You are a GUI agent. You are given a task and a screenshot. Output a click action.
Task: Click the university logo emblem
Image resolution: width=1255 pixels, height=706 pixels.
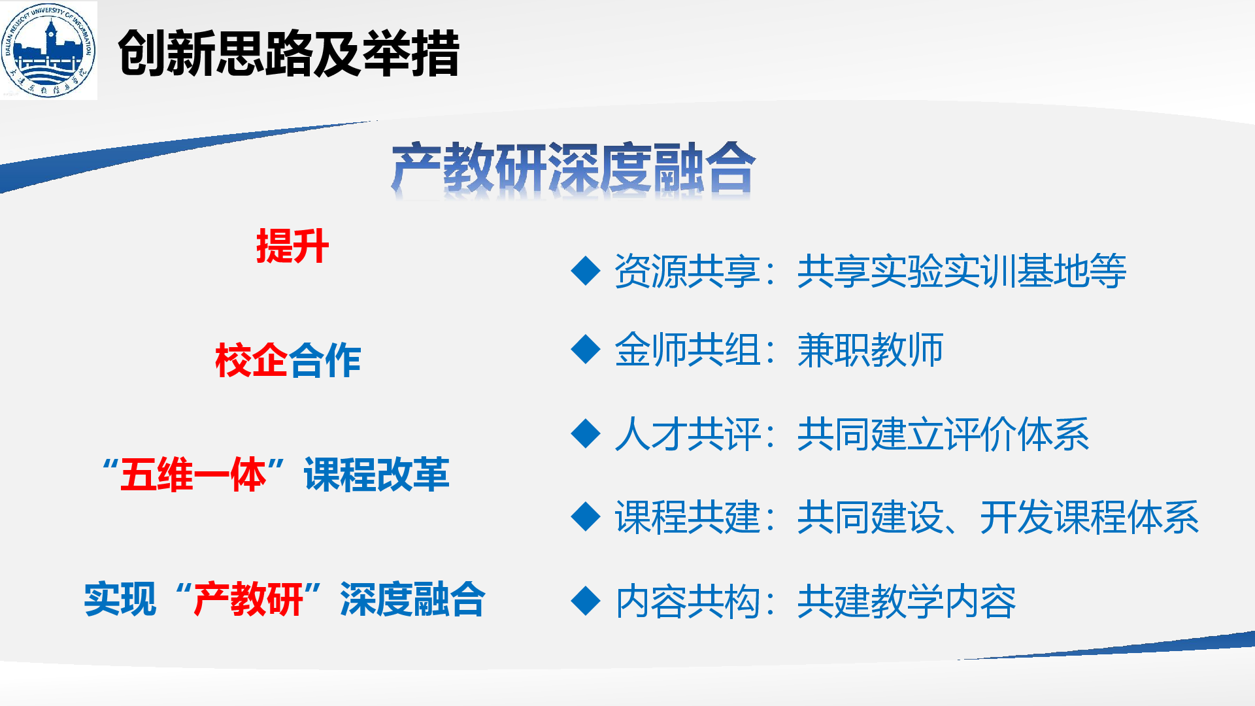(x=48, y=50)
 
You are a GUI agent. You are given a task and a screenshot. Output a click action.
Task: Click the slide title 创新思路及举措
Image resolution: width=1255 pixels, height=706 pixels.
(x=289, y=53)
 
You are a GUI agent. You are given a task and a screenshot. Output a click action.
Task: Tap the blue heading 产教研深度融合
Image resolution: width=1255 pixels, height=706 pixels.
(x=573, y=168)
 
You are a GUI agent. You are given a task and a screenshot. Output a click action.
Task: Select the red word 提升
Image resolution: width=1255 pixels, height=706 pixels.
(x=292, y=246)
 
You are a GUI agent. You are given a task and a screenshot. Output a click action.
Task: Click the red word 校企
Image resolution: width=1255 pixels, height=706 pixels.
(x=252, y=360)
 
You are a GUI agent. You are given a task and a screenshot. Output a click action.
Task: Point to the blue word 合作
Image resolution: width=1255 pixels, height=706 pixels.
(x=325, y=360)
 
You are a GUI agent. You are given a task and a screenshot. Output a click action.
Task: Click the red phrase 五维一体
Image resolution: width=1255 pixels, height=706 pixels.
(x=193, y=475)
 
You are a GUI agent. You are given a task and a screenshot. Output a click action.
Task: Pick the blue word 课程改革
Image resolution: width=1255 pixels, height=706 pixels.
(x=376, y=475)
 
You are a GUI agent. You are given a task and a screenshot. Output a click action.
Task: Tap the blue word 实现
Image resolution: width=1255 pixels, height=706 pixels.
(x=120, y=599)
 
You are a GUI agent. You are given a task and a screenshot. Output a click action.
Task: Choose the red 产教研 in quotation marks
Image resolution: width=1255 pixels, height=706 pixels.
(x=248, y=599)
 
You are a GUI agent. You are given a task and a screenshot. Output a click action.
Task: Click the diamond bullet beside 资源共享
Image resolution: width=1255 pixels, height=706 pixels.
(x=586, y=271)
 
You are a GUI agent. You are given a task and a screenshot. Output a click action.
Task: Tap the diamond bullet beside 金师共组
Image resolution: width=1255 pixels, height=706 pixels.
(x=586, y=349)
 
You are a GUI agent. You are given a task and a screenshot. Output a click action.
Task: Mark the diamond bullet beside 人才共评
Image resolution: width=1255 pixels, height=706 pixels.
(x=586, y=433)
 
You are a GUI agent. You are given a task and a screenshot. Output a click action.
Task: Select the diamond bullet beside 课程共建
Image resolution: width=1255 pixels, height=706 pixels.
(x=586, y=516)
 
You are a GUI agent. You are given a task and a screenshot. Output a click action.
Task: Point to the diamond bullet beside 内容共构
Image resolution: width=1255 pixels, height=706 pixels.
(x=586, y=601)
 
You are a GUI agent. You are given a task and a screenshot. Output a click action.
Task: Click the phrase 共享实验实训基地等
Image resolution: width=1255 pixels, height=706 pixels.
(x=962, y=271)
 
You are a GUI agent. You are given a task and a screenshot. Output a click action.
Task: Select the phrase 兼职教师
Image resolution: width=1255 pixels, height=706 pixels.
(x=870, y=349)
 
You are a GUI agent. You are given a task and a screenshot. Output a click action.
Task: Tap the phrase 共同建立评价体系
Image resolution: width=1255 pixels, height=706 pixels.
(x=943, y=433)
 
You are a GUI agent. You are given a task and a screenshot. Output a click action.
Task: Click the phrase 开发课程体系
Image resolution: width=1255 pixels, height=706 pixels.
(x=1090, y=516)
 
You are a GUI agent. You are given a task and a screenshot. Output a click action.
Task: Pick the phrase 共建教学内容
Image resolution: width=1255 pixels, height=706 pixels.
(x=907, y=601)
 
